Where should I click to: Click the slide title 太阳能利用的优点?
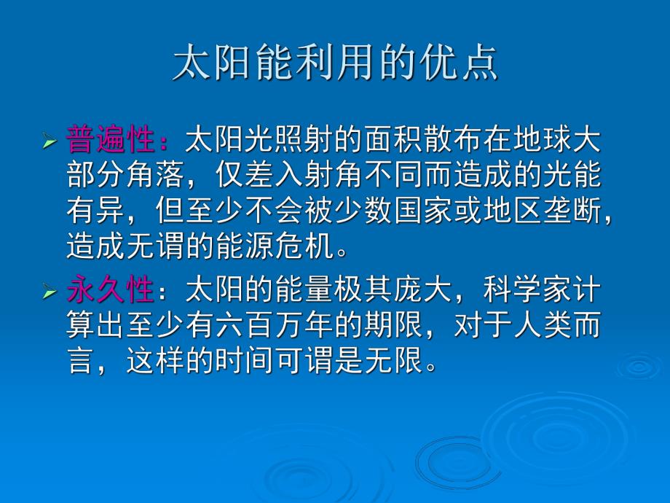pyautogui.click(x=335, y=63)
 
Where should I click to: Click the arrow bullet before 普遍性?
pyautogui.click(x=50, y=141)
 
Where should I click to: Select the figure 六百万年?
pyautogui.click(x=275, y=325)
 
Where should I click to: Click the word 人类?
pyautogui.click(x=543, y=325)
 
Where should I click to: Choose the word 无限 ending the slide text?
pyautogui.click(x=394, y=360)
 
